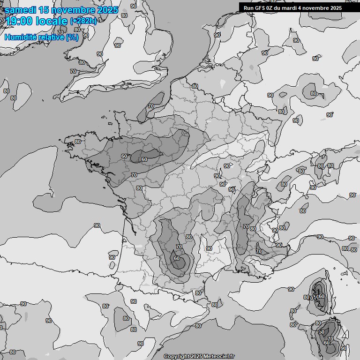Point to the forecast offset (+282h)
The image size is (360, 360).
click(83, 21)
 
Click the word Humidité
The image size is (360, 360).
click(20, 37)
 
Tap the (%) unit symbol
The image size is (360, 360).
click(72, 37)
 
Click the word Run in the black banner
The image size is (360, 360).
click(248, 8)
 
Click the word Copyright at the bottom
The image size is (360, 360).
click(176, 357)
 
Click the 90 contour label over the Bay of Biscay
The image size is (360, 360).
click(97, 225)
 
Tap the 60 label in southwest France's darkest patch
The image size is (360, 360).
click(176, 258)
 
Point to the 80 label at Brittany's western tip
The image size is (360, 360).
click(77, 142)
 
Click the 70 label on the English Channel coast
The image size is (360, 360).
click(150, 106)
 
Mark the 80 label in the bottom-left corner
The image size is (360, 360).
click(13, 352)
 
